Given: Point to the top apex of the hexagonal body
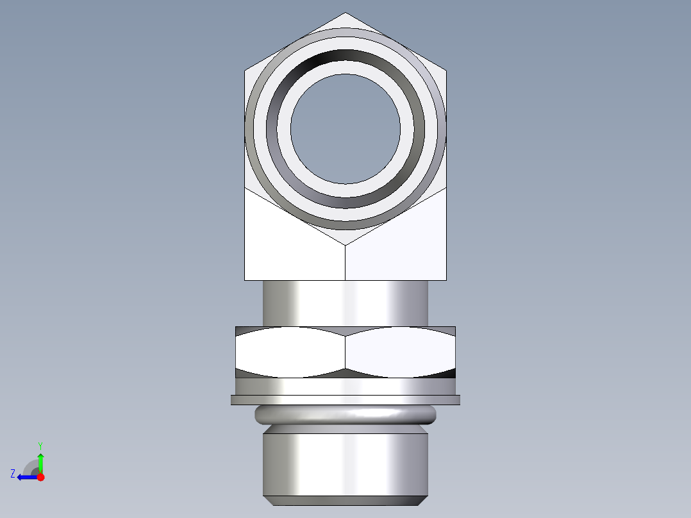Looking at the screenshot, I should tap(345, 13).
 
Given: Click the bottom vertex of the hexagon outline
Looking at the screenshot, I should tap(345, 244).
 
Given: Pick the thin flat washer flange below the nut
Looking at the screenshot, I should tap(345, 400).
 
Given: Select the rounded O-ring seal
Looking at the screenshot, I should tap(345, 415).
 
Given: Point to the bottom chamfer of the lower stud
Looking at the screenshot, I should tap(345, 501).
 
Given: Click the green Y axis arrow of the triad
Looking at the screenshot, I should tap(40, 460).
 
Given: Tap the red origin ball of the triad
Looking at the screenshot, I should tap(40, 477).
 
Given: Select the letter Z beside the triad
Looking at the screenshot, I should tap(13, 474).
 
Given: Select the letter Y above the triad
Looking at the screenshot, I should tap(40, 445).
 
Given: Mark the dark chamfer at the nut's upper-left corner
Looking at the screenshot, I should tap(244, 331).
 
